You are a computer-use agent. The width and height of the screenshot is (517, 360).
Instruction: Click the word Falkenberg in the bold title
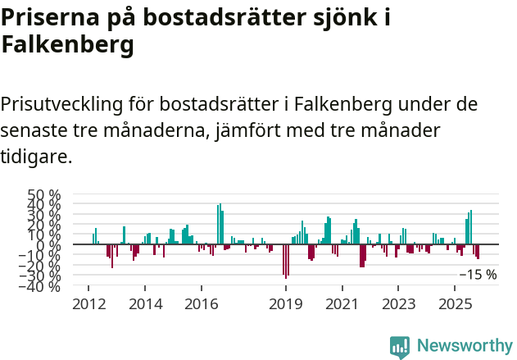coord(67,46)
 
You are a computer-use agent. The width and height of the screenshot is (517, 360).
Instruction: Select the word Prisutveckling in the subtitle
coord(62,105)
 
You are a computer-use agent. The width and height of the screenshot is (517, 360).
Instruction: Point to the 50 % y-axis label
coord(44,195)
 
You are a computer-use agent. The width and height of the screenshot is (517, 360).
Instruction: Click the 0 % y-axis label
coord(50,244)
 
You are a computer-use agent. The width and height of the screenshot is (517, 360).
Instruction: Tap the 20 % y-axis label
coord(44,225)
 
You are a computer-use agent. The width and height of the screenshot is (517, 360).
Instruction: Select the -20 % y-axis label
coord(42,266)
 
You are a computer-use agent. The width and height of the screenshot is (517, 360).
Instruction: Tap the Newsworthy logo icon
coord(400,347)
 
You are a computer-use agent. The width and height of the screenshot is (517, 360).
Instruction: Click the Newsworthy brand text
coord(464,347)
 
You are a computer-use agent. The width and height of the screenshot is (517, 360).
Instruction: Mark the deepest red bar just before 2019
coord(286,261)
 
